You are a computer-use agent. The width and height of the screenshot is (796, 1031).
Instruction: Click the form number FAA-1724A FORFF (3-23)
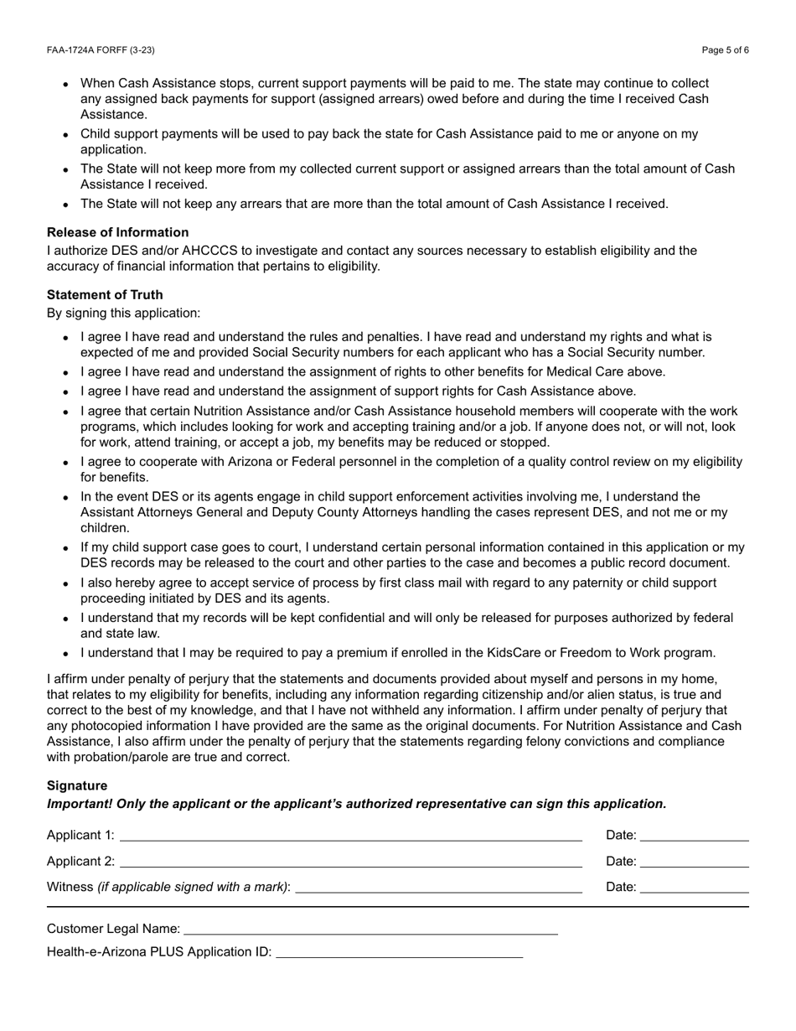pyautogui.click(x=101, y=50)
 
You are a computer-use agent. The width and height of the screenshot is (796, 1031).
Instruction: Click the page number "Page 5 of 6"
pyautogui.click(x=725, y=50)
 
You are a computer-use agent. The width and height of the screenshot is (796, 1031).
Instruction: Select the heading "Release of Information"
pyautogui.click(x=117, y=232)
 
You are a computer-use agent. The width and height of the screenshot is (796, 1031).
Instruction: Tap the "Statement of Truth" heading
pyautogui.click(x=105, y=295)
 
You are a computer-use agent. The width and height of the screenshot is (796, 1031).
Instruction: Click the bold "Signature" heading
pyautogui.click(x=77, y=785)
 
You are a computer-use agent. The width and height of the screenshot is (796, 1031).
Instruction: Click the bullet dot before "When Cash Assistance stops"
pyautogui.click(x=66, y=85)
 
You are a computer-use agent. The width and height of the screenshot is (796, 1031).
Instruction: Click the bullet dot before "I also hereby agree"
pyautogui.click(x=66, y=584)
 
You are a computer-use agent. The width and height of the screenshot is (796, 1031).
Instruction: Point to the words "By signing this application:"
pyautogui.click(x=123, y=313)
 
